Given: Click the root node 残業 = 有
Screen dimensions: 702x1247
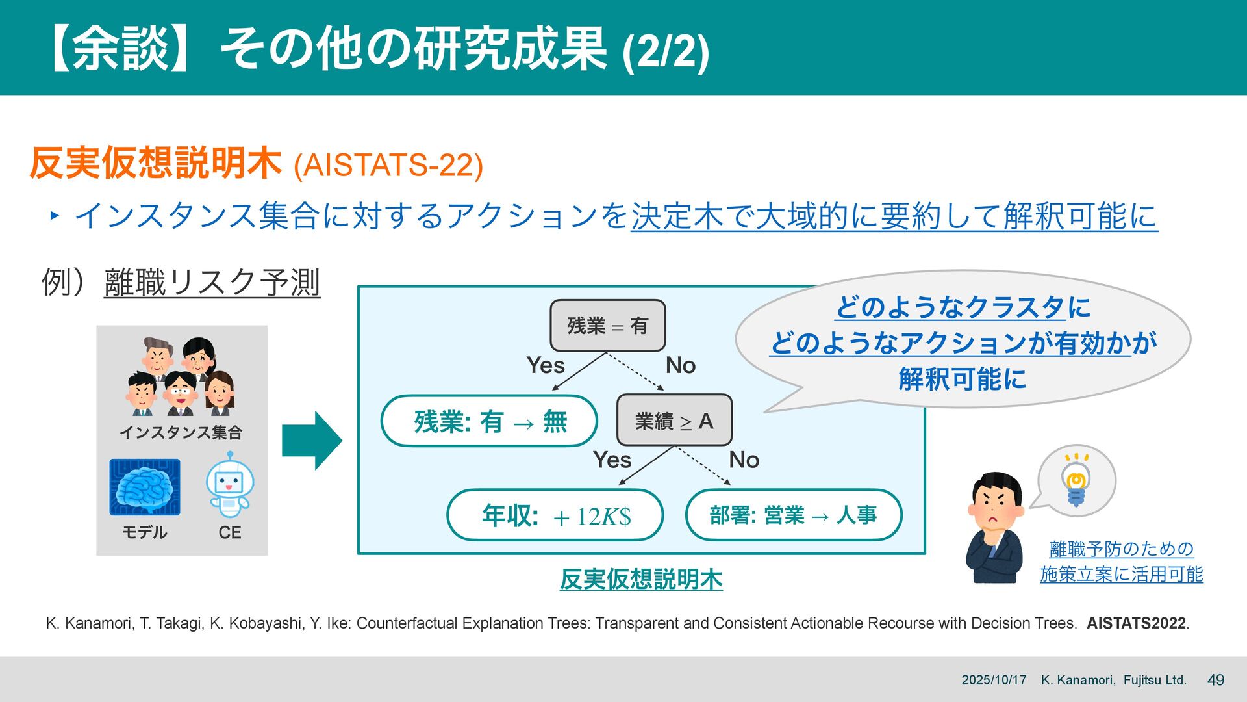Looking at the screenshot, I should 607,326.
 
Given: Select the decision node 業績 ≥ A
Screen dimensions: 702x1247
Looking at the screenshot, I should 674,421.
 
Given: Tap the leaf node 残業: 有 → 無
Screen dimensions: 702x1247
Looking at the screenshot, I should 489,421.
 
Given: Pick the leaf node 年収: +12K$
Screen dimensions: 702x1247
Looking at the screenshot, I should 555,515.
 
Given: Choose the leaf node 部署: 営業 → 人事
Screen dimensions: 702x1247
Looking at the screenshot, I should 793,515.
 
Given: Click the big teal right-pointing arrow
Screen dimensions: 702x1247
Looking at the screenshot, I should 312,440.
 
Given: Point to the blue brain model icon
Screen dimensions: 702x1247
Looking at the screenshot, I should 144,487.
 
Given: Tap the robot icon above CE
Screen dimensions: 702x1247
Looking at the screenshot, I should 230,484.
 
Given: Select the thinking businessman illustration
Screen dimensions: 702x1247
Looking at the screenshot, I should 994,526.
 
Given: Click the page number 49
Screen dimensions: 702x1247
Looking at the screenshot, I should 1215,680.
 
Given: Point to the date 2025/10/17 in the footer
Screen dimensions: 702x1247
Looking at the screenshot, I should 994,680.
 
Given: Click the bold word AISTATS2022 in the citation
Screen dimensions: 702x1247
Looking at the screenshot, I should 1136,623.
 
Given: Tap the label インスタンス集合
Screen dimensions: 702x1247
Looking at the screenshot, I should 181,432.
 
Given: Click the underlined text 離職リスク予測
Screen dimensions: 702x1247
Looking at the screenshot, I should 212,283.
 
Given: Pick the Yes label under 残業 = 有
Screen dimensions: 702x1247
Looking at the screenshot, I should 545,365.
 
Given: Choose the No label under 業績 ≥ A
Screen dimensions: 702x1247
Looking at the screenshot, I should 744,460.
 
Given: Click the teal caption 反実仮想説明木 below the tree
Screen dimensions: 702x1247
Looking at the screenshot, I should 641,579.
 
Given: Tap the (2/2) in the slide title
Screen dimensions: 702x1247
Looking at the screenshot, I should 665,52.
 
